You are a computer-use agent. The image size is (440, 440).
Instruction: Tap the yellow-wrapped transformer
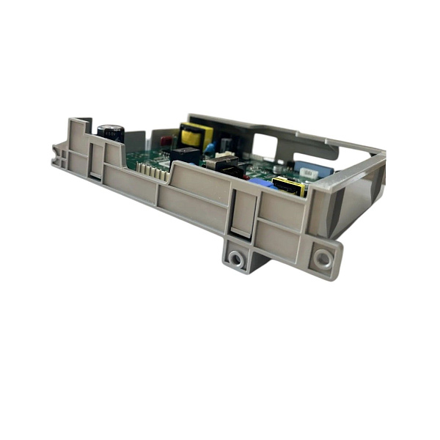click(194, 135)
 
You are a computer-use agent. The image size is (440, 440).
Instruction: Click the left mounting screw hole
click(235, 258)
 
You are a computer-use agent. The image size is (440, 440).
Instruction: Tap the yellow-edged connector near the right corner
click(288, 186)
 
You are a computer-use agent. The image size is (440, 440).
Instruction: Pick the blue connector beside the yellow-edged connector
click(264, 183)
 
